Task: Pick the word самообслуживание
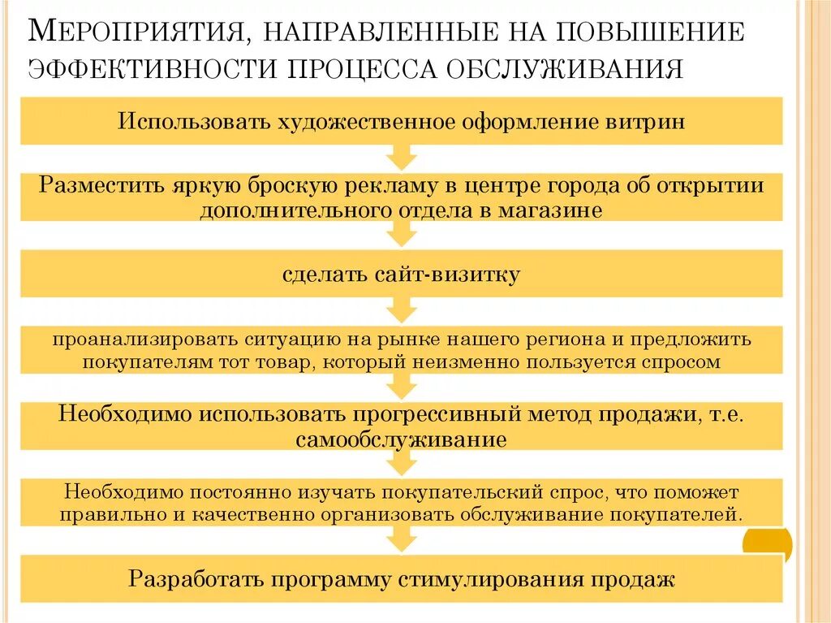tap(401, 440)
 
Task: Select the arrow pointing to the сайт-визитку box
tap(401, 235)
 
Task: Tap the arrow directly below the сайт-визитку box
tap(401, 310)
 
